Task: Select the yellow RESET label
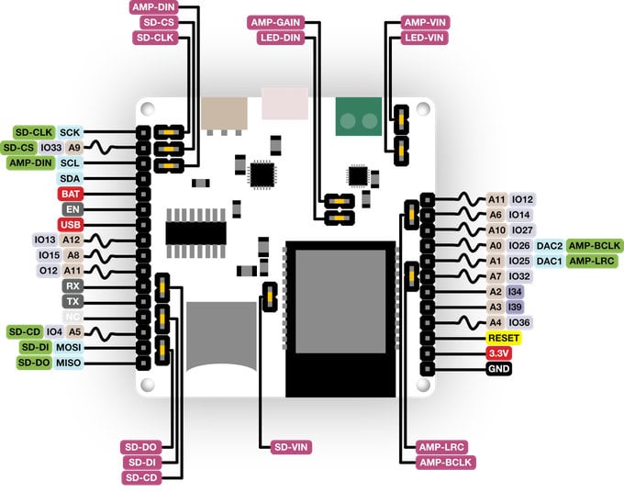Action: click(x=504, y=338)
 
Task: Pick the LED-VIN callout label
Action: click(x=426, y=38)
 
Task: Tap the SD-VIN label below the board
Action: click(x=292, y=447)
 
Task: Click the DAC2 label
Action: click(x=549, y=245)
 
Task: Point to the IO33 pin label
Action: click(x=51, y=147)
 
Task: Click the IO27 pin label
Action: click(x=522, y=229)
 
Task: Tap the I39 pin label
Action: click(x=515, y=307)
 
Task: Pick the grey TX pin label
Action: click(x=71, y=301)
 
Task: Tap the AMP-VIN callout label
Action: click(x=426, y=22)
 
